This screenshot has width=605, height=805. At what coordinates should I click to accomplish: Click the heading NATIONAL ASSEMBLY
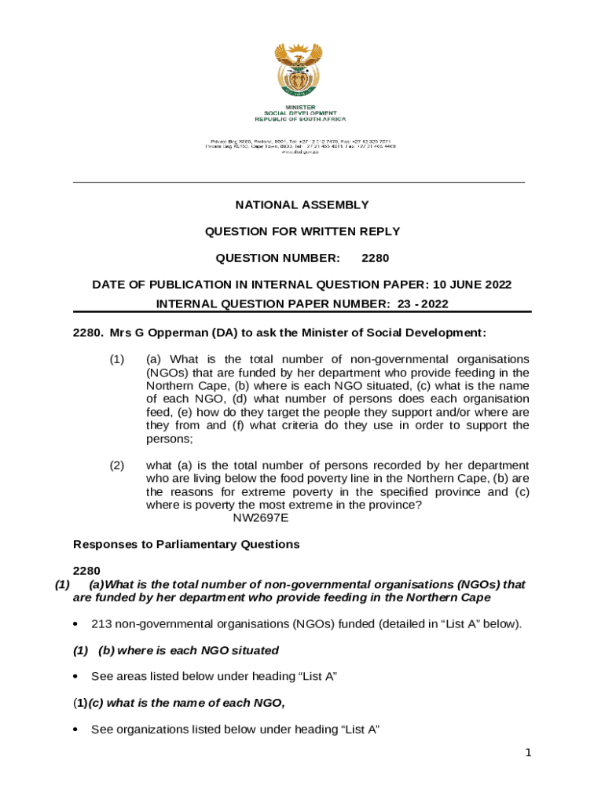302,205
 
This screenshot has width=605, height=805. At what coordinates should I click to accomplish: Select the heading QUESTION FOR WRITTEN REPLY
302,232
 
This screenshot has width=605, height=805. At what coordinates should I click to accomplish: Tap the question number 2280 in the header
375,258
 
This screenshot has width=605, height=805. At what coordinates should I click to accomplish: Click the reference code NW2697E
261,518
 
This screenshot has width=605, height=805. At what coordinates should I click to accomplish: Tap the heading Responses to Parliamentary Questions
186,544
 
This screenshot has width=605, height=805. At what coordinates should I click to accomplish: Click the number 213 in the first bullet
101,624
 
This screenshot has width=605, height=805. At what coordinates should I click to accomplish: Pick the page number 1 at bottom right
529,753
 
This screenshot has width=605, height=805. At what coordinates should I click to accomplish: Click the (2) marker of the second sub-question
116,465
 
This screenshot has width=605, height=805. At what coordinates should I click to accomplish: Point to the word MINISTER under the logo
300,107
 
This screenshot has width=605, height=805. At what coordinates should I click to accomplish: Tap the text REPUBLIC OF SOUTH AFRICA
300,119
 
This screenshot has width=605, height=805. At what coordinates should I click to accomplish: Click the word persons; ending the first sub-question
169,439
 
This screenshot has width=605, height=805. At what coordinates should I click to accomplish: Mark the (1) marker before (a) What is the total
116,359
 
